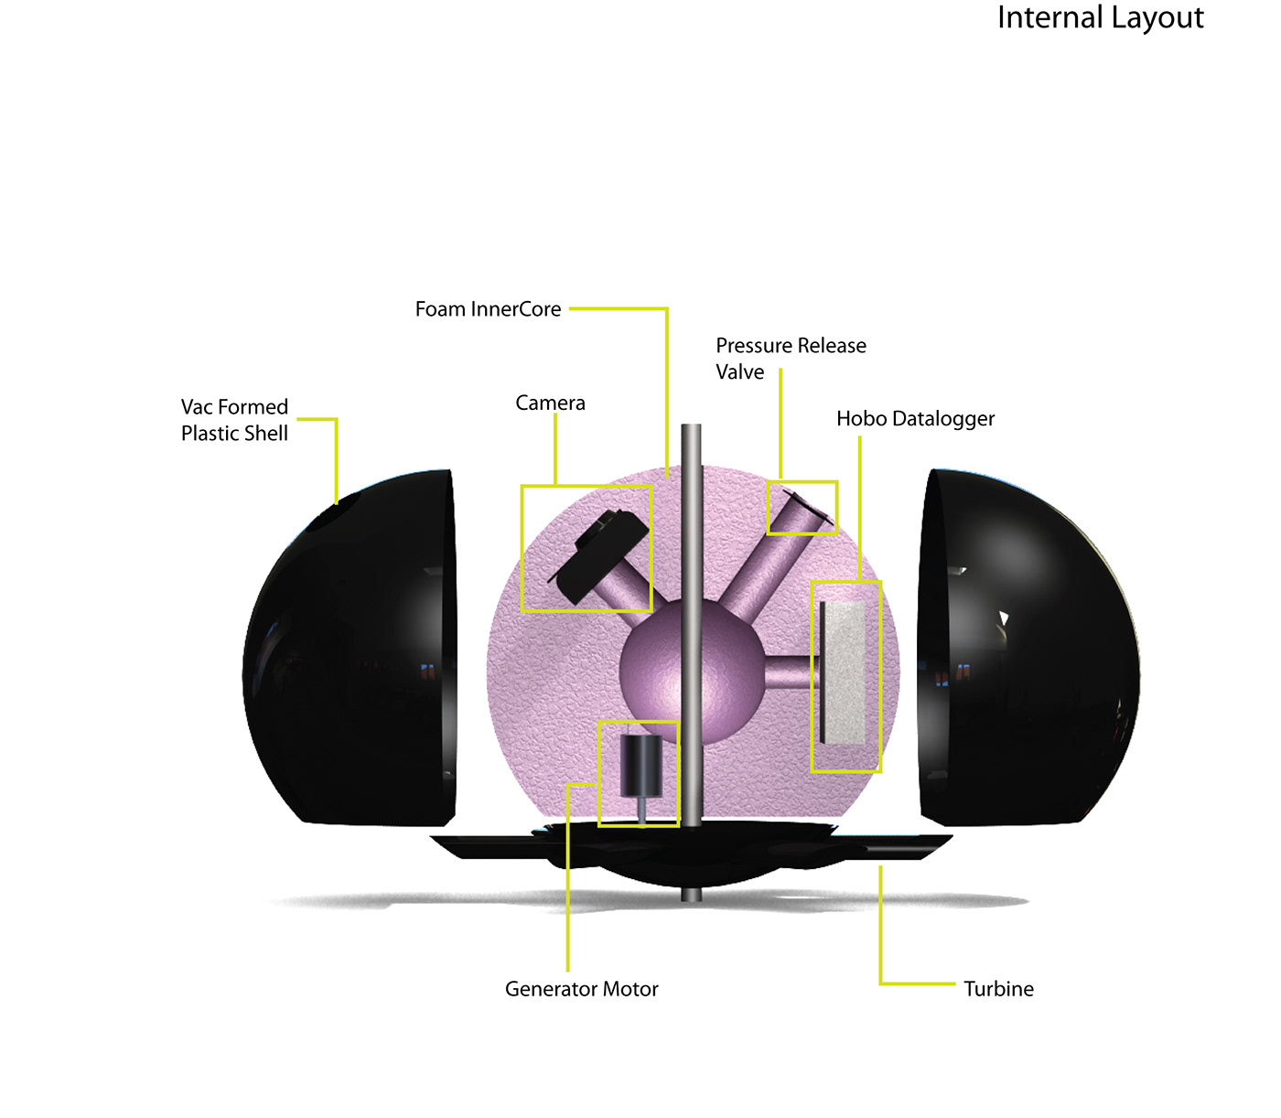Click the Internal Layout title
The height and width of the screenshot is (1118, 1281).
(x=1100, y=18)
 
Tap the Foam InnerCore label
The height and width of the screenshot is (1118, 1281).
(x=488, y=309)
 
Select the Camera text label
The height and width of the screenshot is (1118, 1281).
(x=550, y=403)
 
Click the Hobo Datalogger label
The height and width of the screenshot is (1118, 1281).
(x=915, y=419)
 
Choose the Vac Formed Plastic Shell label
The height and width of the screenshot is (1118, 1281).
(x=234, y=420)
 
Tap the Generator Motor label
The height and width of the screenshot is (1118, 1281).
(x=581, y=989)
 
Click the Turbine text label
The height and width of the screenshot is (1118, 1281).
(x=998, y=989)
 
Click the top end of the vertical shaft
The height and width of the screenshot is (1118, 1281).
(x=691, y=430)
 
